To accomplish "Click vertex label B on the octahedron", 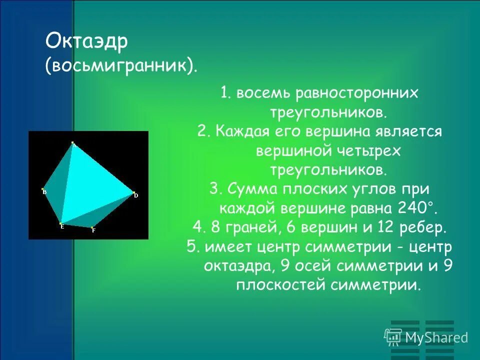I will [x=44, y=192].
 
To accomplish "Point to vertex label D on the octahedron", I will [x=135, y=195].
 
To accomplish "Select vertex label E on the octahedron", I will [x=62, y=226].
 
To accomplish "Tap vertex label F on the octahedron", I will [x=93, y=230].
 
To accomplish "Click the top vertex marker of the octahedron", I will [x=72, y=143].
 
